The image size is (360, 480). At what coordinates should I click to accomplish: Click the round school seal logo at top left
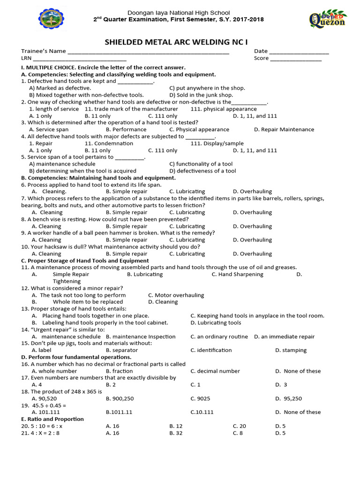[51, 20]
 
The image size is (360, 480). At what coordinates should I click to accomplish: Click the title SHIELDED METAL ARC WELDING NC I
[180, 41]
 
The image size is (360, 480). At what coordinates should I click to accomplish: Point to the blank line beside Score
[296, 59]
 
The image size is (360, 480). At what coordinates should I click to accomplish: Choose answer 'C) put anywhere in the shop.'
[207, 88]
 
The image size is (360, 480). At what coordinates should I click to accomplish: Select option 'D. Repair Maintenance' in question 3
[284, 129]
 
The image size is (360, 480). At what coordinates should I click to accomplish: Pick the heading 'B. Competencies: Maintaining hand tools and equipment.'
[98, 178]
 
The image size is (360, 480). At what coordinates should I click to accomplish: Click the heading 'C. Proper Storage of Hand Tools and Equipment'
[85, 261]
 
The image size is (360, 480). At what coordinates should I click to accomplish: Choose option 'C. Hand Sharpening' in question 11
[237, 274]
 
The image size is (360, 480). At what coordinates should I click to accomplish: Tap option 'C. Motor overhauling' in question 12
[176, 295]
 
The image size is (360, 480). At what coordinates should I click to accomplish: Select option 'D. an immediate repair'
[285, 337]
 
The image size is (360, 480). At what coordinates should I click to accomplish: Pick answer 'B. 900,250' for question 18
[120, 398]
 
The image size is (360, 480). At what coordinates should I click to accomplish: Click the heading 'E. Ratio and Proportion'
[52, 419]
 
